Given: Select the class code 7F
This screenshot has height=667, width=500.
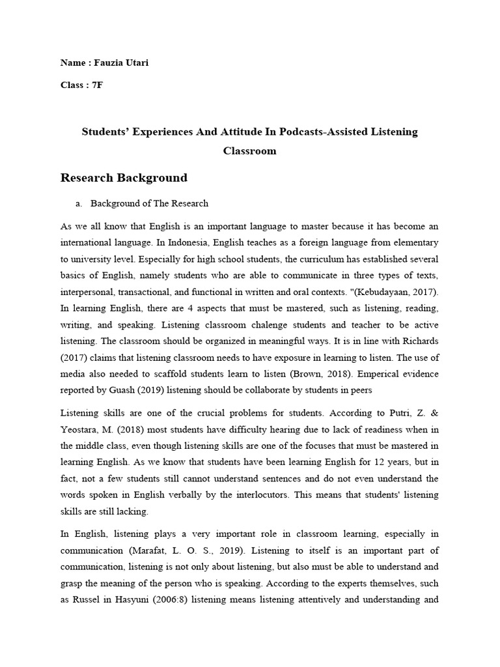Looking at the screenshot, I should [x=94, y=85].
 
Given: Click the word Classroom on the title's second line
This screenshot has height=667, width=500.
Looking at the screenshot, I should [x=249, y=150].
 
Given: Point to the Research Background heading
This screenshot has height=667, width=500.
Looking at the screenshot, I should [x=124, y=178].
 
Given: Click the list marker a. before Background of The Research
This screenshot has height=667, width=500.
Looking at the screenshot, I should [x=79, y=203].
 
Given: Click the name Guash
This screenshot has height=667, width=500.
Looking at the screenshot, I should [x=118, y=390].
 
